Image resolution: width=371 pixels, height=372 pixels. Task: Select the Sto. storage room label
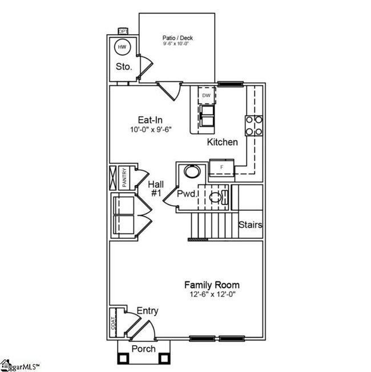pos(124,67)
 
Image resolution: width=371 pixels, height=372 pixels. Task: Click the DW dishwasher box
pos(206,95)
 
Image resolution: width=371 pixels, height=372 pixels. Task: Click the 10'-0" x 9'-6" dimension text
pos(151,129)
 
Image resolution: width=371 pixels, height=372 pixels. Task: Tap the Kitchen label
pos(222,142)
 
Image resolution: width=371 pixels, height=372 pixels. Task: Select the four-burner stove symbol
pos(254,125)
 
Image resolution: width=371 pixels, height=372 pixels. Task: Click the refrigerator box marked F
pos(221,167)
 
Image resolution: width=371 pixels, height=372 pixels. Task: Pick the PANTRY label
pos(123,177)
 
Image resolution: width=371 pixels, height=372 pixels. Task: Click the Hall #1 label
pos(156,189)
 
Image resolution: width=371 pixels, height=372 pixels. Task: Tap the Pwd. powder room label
pos(188,194)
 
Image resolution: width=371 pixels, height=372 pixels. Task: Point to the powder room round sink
pos(191,171)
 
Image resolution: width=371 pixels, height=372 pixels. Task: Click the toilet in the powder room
pos(217,198)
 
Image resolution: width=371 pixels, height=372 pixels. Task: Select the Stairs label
pos(250,225)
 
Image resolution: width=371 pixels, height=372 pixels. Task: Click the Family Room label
pos(211,284)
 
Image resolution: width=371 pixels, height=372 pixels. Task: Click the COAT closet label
pos(113,323)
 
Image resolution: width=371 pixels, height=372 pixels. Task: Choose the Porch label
pos(143,348)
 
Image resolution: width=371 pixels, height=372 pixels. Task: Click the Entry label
pos(147,311)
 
